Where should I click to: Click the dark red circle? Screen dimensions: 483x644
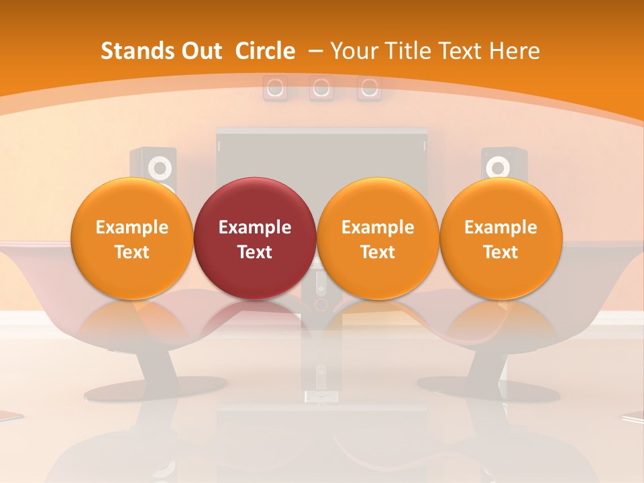(255, 238)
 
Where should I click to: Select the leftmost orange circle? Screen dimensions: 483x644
(131, 238)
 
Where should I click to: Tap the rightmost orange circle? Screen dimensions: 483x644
(500, 238)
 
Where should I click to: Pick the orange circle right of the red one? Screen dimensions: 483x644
(378, 238)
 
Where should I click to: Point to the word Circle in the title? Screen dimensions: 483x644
(265, 51)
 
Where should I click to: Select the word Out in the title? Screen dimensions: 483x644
(200, 51)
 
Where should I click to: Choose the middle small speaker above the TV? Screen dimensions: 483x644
(321, 88)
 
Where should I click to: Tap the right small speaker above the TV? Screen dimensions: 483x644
(369, 88)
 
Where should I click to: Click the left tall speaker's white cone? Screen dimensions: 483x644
(160, 166)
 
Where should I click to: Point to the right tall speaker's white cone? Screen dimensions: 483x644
(497, 166)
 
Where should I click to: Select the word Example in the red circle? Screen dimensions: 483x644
(255, 227)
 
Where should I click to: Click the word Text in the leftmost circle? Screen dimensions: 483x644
(131, 252)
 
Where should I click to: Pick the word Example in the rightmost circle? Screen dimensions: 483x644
(500, 227)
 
